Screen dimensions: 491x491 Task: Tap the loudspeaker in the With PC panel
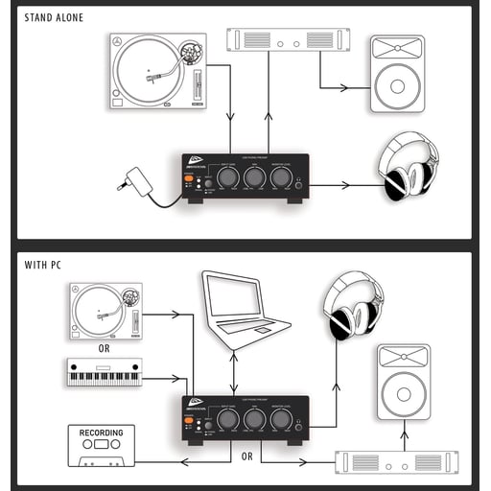pos(403,383)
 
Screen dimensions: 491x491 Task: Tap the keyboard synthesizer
pos(105,372)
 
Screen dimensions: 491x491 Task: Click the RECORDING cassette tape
pos(102,445)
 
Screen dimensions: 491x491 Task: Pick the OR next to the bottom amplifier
pos(247,456)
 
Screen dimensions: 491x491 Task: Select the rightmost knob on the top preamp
pos(280,178)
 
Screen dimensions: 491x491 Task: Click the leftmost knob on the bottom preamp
pos(227,420)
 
